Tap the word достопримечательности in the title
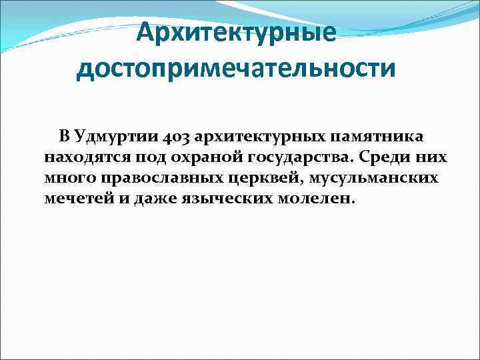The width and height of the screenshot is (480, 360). (236, 68)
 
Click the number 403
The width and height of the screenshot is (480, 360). (175, 137)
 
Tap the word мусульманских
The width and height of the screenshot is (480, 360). (365, 179)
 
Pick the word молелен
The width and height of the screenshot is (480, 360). (319, 199)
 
